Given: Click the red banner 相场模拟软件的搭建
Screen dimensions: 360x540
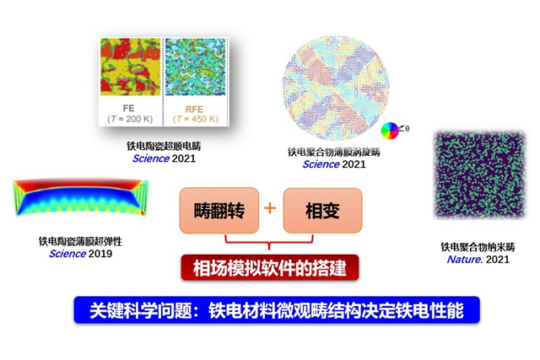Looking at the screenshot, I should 269,268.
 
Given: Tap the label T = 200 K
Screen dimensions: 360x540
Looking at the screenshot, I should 131,119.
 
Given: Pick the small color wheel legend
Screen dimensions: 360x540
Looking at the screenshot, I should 389,130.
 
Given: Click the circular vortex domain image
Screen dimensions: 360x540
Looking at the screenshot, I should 332,81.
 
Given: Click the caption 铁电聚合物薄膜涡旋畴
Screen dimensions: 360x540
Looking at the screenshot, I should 334,153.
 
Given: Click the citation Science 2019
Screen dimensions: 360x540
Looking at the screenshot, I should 80,253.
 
